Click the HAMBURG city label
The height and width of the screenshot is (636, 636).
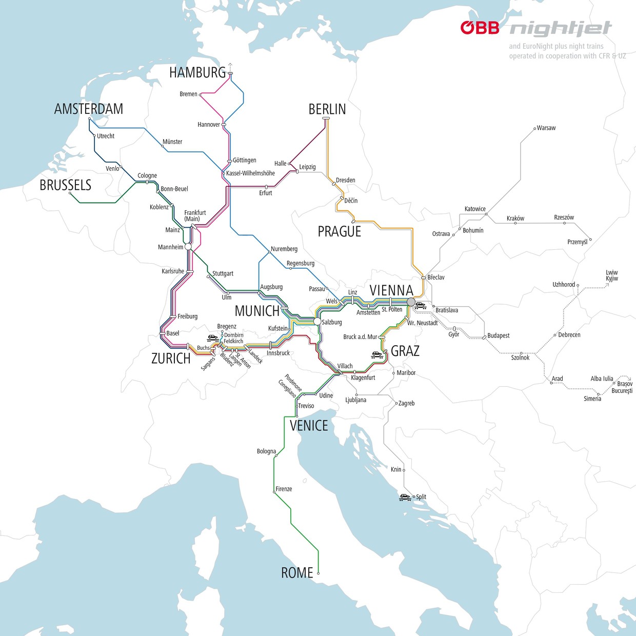click(197, 73)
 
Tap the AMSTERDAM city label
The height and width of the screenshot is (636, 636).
click(89, 109)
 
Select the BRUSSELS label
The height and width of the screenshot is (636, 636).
click(65, 185)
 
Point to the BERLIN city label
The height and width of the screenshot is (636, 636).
click(327, 109)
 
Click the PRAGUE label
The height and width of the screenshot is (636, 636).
click(339, 232)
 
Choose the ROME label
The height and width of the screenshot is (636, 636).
click(296, 573)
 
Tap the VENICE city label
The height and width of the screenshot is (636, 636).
click(308, 426)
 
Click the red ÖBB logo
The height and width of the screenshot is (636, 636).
click(480, 28)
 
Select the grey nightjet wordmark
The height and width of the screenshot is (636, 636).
click(560, 29)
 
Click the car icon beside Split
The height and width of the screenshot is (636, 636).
click(405, 497)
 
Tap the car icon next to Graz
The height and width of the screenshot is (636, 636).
click(377, 354)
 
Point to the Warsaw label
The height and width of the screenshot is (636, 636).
click(546, 128)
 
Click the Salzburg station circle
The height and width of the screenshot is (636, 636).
click(317, 321)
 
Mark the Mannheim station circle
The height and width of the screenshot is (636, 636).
click(188, 247)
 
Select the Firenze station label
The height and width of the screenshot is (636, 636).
click(284, 489)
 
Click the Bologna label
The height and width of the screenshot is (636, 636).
click(266, 451)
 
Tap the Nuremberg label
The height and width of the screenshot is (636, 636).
click(284, 249)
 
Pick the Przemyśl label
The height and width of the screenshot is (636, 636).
click(577, 242)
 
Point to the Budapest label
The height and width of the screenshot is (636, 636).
click(498, 335)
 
